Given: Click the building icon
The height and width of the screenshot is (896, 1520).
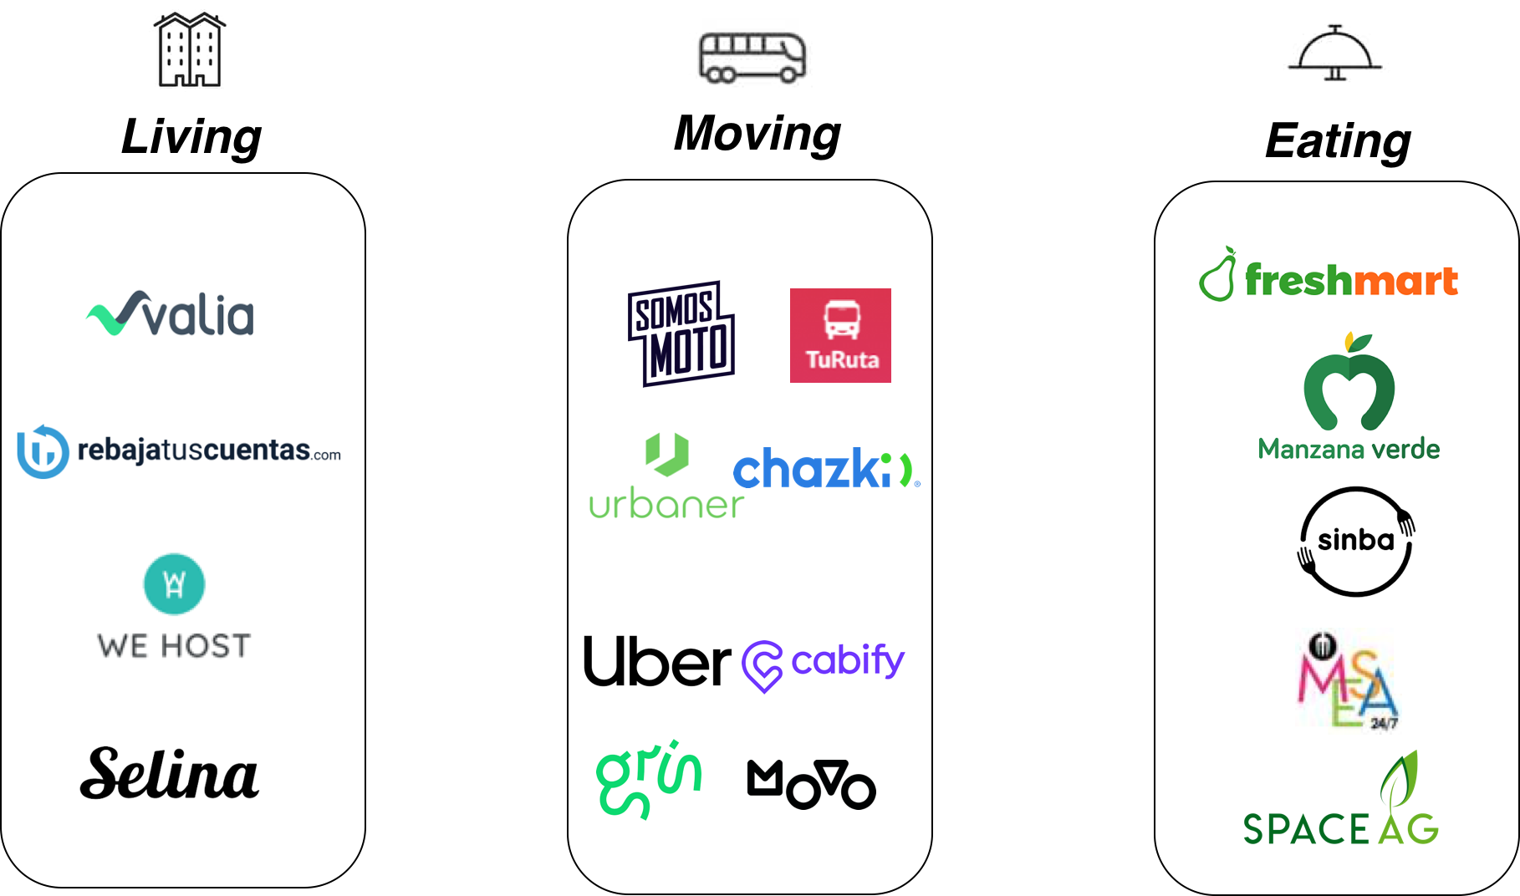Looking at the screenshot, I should tap(189, 47).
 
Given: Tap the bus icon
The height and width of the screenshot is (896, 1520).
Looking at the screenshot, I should tap(753, 55).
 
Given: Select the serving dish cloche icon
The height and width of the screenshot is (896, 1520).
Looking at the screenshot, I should tap(1335, 54).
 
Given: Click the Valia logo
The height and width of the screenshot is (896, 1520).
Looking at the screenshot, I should tap(170, 313).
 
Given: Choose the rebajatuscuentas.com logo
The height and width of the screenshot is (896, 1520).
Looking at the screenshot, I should tap(178, 452).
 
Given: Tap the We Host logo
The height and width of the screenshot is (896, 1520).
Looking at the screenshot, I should tap(176, 629).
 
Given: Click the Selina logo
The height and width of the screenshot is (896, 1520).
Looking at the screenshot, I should tap(170, 773).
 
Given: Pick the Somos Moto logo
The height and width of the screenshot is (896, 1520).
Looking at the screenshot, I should tap(681, 333).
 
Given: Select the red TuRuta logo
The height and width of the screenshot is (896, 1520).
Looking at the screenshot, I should tap(840, 335).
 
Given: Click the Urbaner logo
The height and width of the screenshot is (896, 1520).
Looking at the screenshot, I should tap(666, 475).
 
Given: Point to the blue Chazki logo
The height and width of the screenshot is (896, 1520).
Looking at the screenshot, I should tap(826, 469).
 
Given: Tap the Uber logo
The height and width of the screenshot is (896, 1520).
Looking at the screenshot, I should tap(657, 661).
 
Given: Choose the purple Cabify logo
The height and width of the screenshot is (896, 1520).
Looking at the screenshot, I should tap(823, 666).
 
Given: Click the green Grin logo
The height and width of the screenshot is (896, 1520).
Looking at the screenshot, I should tap(648, 779).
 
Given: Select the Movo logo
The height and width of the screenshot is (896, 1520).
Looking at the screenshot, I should tap(811, 785).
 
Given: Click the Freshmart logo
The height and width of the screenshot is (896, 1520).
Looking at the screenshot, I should tap(1329, 274).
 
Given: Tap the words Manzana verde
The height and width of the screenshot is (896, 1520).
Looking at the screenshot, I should tap(1349, 449).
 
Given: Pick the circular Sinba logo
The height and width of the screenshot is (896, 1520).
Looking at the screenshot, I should tap(1354, 540).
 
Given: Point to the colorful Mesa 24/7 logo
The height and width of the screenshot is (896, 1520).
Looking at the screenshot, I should tap(1348, 681).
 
